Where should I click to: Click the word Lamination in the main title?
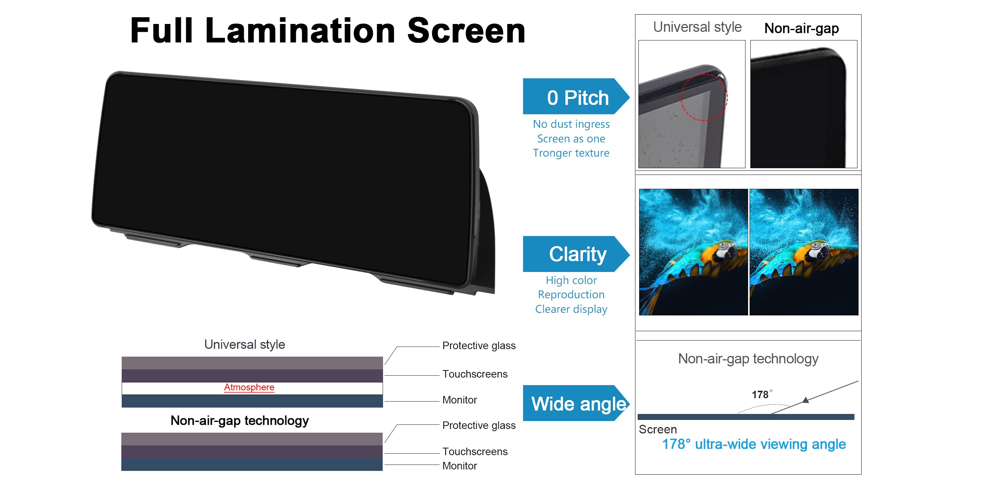point(300,31)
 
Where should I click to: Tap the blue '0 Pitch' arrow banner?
point(576,96)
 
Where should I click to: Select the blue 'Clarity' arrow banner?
point(576,254)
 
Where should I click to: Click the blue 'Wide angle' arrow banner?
point(576,403)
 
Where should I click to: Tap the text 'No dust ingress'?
point(571,124)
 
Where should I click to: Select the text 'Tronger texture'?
point(571,153)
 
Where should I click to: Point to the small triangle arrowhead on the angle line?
point(805,400)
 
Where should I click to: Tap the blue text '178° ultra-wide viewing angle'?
point(754,444)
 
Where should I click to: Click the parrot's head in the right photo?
point(818,249)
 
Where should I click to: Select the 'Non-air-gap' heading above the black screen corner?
point(802,28)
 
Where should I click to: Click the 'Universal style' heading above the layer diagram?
point(245,345)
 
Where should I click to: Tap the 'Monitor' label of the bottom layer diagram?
point(460,466)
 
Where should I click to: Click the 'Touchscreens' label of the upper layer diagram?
point(475,374)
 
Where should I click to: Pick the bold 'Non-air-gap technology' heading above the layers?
point(240,421)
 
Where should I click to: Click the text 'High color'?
point(571,281)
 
